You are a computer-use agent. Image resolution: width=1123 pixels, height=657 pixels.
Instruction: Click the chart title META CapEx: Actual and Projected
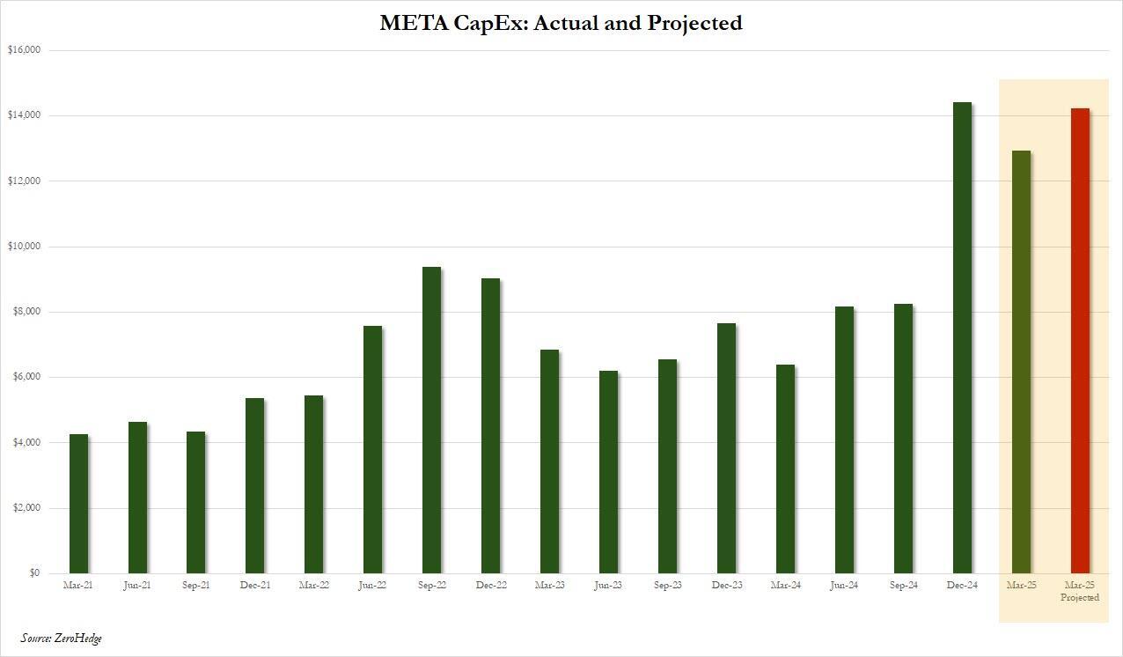pyautogui.click(x=561, y=23)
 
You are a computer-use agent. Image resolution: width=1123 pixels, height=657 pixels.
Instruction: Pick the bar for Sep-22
pyautogui.click(x=431, y=420)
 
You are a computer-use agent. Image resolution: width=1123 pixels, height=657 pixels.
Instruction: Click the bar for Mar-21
pyautogui.click(x=78, y=504)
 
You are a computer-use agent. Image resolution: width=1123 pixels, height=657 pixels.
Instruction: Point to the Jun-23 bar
pyautogui.click(x=608, y=472)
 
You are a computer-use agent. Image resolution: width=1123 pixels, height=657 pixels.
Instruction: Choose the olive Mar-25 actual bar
pyautogui.click(x=1021, y=362)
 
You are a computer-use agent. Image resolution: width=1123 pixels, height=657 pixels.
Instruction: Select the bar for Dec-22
pyautogui.click(x=490, y=425)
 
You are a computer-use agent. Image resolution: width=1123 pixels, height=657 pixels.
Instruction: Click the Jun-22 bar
pyautogui.click(x=372, y=449)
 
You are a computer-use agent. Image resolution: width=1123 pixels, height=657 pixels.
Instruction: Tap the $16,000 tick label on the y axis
pyautogui.click(x=24, y=50)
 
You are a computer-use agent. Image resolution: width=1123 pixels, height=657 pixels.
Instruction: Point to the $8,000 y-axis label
pyautogui.click(x=26, y=312)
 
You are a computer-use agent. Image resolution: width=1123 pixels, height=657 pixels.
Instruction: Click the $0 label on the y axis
pyautogui.click(x=33, y=573)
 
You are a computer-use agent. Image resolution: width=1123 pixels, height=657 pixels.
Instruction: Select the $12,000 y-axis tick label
pyautogui.click(x=24, y=181)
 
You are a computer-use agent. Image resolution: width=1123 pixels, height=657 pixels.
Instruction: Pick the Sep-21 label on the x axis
pyautogui.click(x=195, y=585)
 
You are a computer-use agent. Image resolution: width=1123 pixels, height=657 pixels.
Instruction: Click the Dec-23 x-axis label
pyautogui.click(x=726, y=585)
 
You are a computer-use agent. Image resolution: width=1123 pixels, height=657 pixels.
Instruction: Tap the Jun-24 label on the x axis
pyautogui.click(x=844, y=585)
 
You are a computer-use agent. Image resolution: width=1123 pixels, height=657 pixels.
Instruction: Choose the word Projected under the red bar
pyautogui.click(x=1080, y=597)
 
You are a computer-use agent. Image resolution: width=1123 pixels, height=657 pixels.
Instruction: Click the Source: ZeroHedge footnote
pyautogui.click(x=62, y=638)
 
